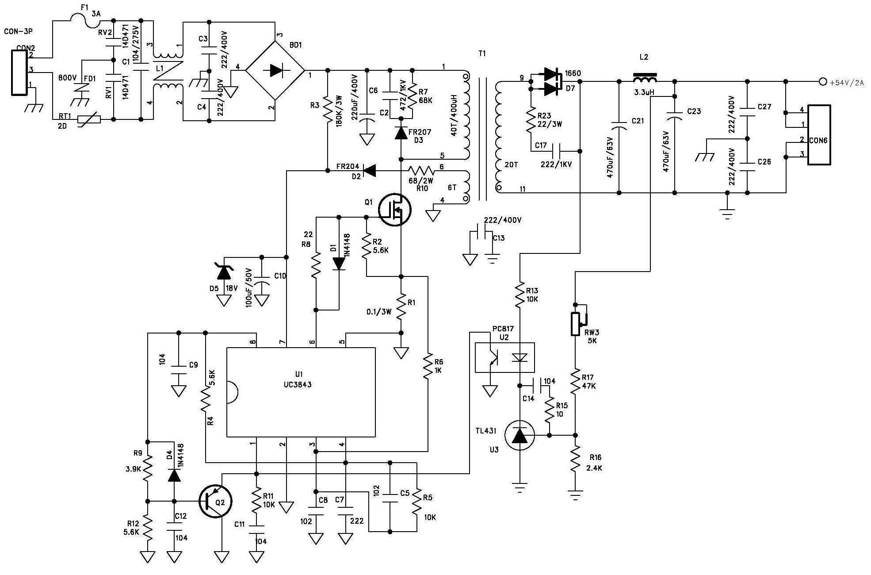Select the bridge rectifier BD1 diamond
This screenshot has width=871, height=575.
point(275,70)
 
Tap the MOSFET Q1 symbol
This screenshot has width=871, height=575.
point(395,210)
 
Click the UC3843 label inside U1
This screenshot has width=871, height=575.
point(298,384)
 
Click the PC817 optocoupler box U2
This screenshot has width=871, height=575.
point(504,357)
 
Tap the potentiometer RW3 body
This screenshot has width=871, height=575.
point(575,324)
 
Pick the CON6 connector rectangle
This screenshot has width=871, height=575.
point(819,135)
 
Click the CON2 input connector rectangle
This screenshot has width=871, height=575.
point(19,73)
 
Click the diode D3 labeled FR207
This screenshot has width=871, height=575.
point(401,133)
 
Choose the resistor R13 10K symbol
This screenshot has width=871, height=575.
point(520,294)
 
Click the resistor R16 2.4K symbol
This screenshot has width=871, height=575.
point(575,459)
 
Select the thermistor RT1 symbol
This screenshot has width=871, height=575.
point(89,119)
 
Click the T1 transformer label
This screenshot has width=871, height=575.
point(482,54)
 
